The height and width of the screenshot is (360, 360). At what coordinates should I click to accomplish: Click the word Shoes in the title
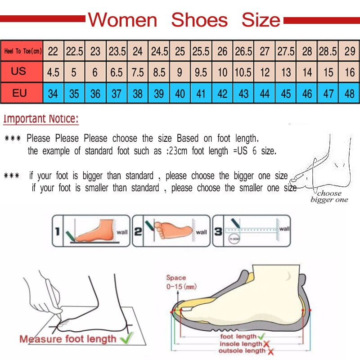(x=199, y=20)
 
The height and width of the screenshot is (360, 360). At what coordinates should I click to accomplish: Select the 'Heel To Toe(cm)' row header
(x=22, y=51)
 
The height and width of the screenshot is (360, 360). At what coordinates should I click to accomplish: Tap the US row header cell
(x=19, y=72)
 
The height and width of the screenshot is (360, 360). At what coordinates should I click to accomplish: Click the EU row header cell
(x=19, y=94)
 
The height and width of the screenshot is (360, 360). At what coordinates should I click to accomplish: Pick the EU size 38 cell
(x=138, y=94)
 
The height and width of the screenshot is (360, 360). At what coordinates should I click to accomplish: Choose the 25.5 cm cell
(x=201, y=51)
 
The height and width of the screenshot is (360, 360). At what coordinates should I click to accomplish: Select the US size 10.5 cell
(x=243, y=72)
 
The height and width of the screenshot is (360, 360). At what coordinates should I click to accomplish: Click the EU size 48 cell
(x=350, y=94)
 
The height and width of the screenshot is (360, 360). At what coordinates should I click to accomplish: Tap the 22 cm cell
(x=53, y=51)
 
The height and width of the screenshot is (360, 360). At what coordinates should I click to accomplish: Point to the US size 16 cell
(x=350, y=72)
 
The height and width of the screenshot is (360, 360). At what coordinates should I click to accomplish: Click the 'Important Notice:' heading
(x=41, y=119)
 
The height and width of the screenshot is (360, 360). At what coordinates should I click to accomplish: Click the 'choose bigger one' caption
(x=329, y=197)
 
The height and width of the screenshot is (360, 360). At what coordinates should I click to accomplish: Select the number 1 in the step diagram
(x=57, y=232)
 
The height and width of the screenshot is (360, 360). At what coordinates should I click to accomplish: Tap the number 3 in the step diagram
(x=218, y=232)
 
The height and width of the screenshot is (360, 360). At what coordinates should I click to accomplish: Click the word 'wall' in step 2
(x=201, y=232)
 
